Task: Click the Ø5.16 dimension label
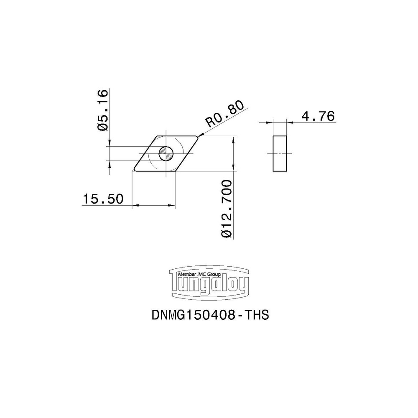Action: click(x=103, y=110)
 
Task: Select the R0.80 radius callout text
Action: click(x=224, y=116)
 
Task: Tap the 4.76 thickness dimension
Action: click(x=318, y=116)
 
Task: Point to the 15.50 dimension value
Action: click(x=103, y=199)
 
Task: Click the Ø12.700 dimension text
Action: click(x=227, y=209)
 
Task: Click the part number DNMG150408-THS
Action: click(x=209, y=315)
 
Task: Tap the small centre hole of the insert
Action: click(x=166, y=154)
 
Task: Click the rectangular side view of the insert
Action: click(x=280, y=153)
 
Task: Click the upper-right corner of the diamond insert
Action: click(x=197, y=136)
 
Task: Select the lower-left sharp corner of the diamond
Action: click(x=133, y=171)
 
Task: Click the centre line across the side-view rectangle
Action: click(x=280, y=153)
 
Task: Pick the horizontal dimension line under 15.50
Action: click(x=153, y=205)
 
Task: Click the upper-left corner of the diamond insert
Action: click(x=158, y=136)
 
